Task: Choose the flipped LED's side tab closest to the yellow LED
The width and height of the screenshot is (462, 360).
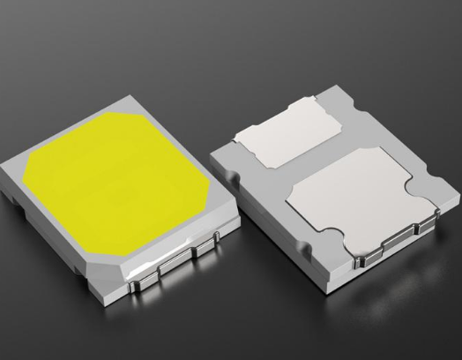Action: (309, 282)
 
